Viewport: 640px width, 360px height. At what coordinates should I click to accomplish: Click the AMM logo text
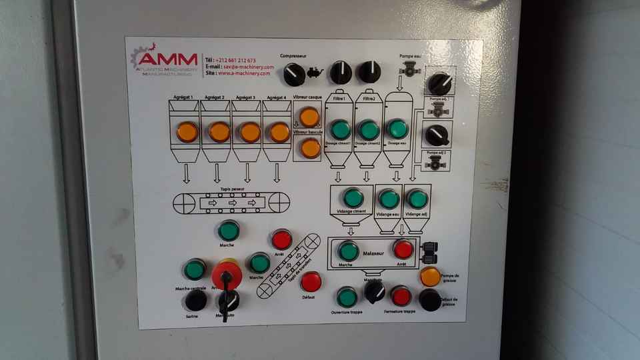click(x=167, y=59)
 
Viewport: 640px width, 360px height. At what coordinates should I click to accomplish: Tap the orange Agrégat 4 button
click(x=279, y=132)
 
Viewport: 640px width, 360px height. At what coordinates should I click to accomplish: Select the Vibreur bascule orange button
click(x=310, y=148)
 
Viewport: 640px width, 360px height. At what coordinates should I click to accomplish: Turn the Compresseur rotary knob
click(x=294, y=74)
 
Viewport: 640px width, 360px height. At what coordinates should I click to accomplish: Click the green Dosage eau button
click(x=397, y=129)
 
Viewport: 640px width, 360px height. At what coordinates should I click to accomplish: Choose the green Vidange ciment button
click(x=353, y=198)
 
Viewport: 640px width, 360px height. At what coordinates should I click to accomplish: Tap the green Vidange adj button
click(x=417, y=199)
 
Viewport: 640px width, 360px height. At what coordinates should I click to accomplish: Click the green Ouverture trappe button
click(x=347, y=297)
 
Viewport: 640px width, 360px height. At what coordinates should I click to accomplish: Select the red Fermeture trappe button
click(x=401, y=295)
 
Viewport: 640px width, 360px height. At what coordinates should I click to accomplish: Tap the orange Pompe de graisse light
click(x=430, y=276)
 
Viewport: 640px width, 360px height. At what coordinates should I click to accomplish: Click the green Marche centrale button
click(x=195, y=269)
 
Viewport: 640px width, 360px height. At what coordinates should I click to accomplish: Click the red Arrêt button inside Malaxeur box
click(x=403, y=249)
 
